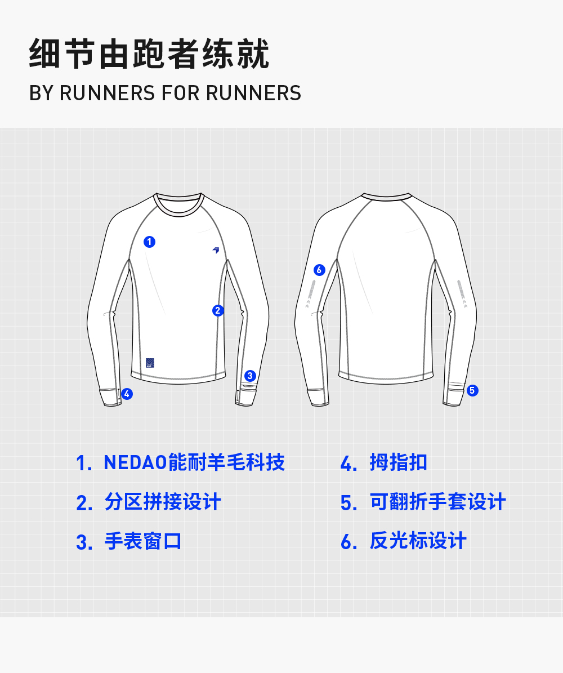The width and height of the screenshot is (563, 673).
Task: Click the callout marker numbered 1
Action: click(149, 242)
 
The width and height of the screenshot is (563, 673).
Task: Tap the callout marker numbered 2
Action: click(218, 310)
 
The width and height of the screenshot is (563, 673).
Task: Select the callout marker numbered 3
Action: click(251, 376)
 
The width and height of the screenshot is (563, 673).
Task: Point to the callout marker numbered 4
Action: click(127, 394)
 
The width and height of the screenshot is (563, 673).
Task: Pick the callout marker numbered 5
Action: click(472, 390)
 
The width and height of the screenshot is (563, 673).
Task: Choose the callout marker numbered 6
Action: click(319, 270)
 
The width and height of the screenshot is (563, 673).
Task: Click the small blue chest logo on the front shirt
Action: click(216, 250)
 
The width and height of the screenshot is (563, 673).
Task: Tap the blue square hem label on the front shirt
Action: click(150, 363)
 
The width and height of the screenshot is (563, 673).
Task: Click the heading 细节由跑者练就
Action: click(149, 55)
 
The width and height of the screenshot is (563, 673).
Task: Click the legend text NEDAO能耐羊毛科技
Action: click(194, 462)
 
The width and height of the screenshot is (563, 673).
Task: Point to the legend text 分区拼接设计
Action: click(163, 502)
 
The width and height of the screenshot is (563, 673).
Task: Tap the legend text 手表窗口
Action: click(143, 541)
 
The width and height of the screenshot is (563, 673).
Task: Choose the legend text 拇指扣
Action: click(399, 462)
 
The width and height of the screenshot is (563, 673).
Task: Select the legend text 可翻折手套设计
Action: click(437, 502)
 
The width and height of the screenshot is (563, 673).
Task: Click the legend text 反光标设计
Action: click(418, 541)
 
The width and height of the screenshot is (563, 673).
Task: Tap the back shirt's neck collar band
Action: click(386, 197)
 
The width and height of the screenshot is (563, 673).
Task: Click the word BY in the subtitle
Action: click(41, 93)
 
